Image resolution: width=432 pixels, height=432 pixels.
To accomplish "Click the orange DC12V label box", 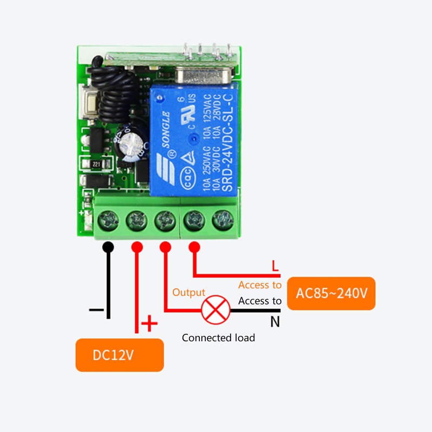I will pos(119,355).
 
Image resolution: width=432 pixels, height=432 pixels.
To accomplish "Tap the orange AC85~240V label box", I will pos(331,293).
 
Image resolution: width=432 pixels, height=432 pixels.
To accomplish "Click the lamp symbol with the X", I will pos(215,310).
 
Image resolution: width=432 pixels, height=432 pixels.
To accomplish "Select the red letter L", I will pos(275,266).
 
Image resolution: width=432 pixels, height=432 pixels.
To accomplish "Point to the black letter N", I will pos(275,322).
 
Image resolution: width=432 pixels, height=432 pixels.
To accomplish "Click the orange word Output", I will pos(188,293).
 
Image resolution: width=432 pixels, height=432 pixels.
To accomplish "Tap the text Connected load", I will pos(218,338).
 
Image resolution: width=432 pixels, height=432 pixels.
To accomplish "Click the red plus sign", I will pos(149,325).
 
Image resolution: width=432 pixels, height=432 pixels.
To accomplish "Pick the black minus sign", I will pos(96,310).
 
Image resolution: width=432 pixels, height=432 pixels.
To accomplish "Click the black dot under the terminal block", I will pos(109,247).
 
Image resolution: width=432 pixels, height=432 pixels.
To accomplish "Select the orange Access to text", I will pos(260,285).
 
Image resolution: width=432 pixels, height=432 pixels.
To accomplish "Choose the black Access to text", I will pos(260,301).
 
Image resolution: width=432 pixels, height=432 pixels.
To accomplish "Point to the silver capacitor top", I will pos(131,143).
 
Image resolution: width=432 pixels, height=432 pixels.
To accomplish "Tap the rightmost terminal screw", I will pos(222,220).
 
